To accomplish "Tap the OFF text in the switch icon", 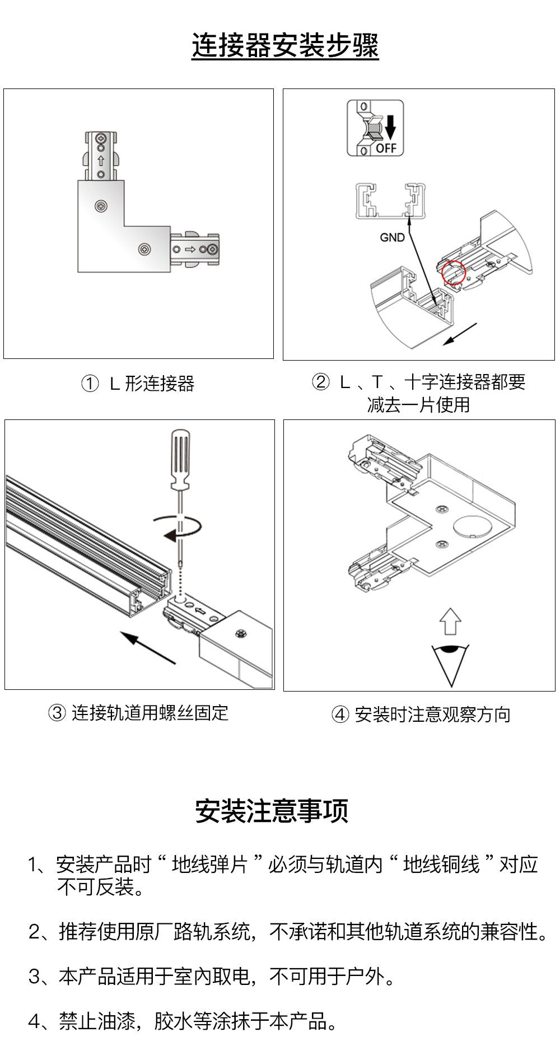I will pyautogui.click(x=386, y=148).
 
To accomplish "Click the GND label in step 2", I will pyautogui.click(x=392, y=237).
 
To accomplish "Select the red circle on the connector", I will pyautogui.click(x=454, y=273).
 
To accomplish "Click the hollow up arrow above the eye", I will pyautogui.click(x=450, y=621).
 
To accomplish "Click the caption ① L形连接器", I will pyautogui.click(x=138, y=384).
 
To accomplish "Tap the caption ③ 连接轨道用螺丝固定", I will pyautogui.click(x=138, y=713).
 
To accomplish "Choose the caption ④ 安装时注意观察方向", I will pyautogui.click(x=421, y=715).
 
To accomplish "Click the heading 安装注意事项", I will pyautogui.click(x=272, y=811).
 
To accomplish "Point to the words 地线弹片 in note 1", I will pyautogui.click(x=209, y=864).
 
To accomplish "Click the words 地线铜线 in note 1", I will pyautogui.click(x=441, y=864).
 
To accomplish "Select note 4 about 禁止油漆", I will pyautogui.click(x=183, y=1021).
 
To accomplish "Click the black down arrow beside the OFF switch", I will pyautogui.click(x=390, y=127).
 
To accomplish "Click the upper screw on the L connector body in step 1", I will pyautogui.click(x=101, y=207).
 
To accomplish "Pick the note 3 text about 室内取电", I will pyautogui.click(x=212, y=976).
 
